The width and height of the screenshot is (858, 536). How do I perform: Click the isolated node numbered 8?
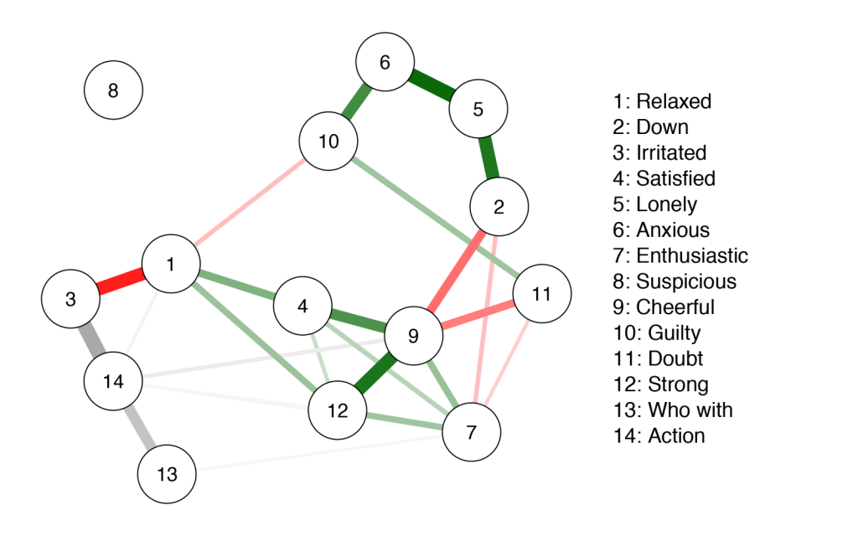pos(114,90)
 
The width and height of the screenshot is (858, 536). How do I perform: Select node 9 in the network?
pos(412,336)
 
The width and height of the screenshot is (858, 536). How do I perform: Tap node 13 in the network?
pos(167,475)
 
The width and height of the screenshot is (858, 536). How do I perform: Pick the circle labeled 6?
pos(385,62)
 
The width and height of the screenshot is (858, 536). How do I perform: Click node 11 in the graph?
pos(542,294)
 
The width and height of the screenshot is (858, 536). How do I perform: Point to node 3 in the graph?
pos(71,298)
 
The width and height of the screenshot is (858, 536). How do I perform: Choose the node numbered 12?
pos(338,410)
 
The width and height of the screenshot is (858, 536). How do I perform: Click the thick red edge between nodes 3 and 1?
pos(121,281)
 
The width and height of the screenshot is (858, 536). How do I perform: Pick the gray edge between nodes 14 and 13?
pos(139,427)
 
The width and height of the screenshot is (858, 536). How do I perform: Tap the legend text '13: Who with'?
pos(672,410)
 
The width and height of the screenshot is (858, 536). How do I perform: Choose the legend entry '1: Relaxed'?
pos(662,101)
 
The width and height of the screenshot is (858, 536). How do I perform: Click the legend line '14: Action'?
pos(659,435)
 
